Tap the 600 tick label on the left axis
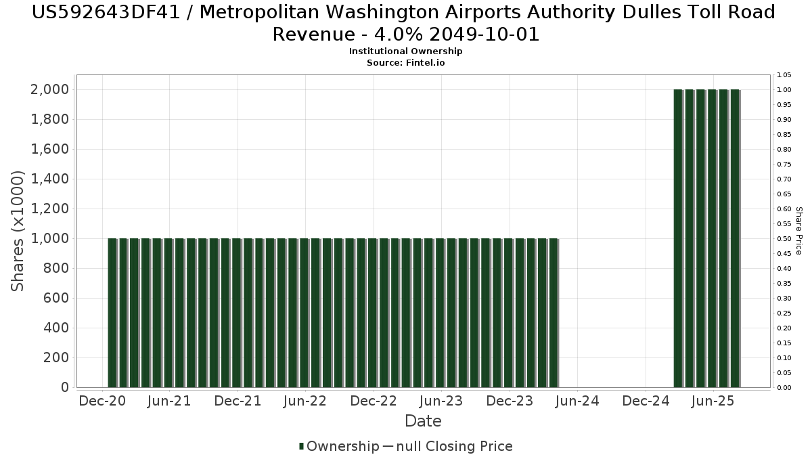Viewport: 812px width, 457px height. click(56, 298)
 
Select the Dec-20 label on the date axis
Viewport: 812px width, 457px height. click(101, 401)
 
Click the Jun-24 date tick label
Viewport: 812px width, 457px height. click(577, 401)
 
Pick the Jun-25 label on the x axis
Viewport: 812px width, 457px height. click(712, 401)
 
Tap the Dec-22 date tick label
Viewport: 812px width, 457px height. click(374, 401)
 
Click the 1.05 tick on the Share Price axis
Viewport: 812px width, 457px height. click(784, 74)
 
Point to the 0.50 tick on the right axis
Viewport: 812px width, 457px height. click(784, 238)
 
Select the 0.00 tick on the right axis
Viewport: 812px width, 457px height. click(784, 387)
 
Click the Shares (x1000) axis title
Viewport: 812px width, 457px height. click(18, 232)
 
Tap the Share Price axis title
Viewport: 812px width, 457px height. click(798, 232)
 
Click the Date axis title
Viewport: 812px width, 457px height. click(423, 421)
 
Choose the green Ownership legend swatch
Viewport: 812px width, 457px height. click(301, 446)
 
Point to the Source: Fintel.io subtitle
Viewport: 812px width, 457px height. click(405, 62)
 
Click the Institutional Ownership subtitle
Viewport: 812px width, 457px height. click(405, 51)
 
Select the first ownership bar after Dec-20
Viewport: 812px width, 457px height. click(112, 313)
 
